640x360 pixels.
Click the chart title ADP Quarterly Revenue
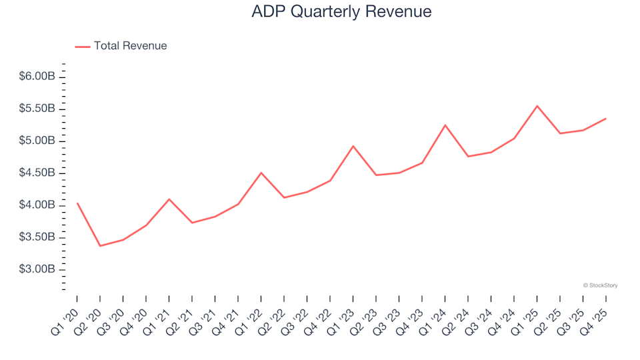tap(341, 12)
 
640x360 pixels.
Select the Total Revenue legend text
tap(130, 46)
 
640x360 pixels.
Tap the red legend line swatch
tap(83, 46)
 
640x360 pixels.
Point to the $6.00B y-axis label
tap(38, 77)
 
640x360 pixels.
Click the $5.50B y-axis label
tap(38, 109)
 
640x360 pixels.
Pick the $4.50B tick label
tap(38, 173)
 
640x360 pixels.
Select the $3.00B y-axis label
tap(38, 270)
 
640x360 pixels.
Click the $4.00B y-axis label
tap(38, 205)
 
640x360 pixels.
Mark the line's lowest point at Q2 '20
tap(100, 246)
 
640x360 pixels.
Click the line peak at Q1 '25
tap(537, 106)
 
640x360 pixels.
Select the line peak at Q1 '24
tap(445, 125)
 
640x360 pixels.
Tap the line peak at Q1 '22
tap(261, 173)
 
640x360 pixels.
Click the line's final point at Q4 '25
tap(605, 119)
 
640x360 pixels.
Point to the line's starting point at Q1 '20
tap(77, 203)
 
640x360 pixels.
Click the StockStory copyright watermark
tap(600, 285)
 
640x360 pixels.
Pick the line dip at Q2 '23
tap(376, 175)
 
